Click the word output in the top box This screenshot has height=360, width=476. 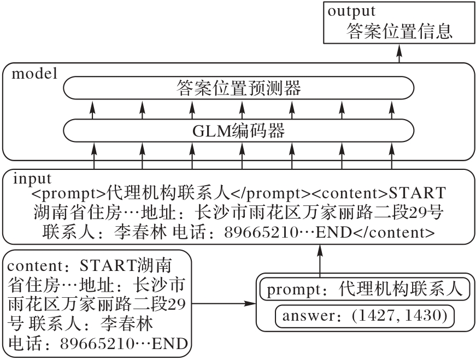pyautogui.click(x=351, y=11)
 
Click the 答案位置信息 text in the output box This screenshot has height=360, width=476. pyautogui.click(x=399, y=31)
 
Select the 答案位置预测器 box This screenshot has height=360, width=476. pyautogui.click(x=239, y=88)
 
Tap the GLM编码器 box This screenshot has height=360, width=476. pyautogui.click(x=239, y=131)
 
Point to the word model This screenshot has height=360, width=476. pyautogui.click(x=34, y=74)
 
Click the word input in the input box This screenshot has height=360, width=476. pyautogui.click(x=32, y=179)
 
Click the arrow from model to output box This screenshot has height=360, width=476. pyautogui.click(x=399, y=54)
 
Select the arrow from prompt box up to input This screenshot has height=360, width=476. pyautogui.click(x=320, y=260)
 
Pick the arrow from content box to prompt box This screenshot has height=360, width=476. pyautogui.click(x=224, y=303)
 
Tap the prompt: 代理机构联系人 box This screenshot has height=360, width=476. pyautogui.click(x=365, y=289)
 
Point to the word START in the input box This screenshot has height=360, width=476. pyautogui.click(x=417, y=193)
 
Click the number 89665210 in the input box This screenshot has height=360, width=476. pyautogui.click(x=261, y=233)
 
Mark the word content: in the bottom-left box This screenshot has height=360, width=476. pyautogui.click(x=40, y=266)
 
